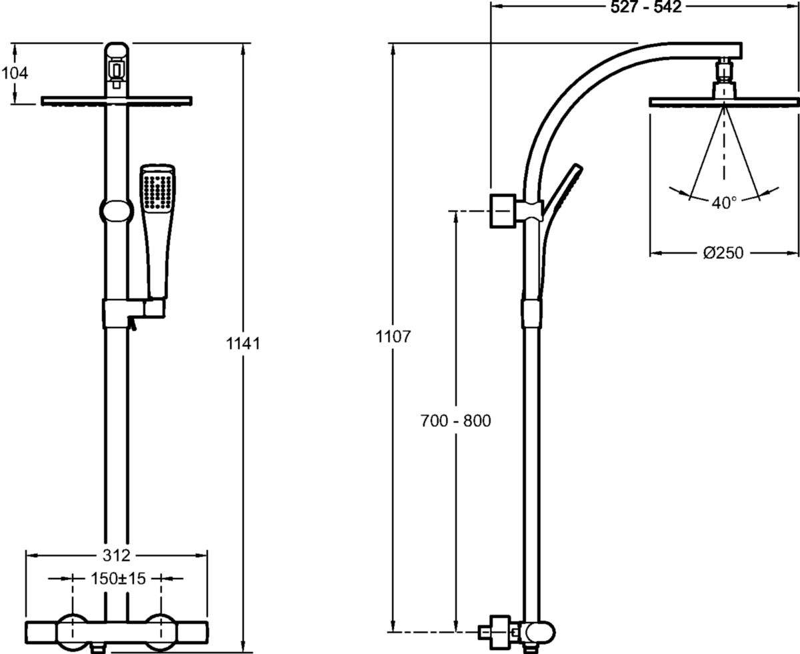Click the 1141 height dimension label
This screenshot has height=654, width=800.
(x=243, y=344)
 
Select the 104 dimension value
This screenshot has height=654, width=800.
(x=15, y=73)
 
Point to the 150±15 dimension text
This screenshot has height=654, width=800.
(x=117, y=579)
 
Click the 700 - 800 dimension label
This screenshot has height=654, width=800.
(x=455, y=421)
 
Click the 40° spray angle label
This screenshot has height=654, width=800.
(x=723, y=202)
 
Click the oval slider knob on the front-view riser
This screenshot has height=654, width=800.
(x=116, y=212)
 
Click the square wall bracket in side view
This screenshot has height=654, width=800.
(x=504, y=211)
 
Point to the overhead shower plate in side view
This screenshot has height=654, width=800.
(x=723, y=102)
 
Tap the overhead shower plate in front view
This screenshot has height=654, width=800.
(x=117, y=101)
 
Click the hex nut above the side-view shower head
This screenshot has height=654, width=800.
(x=724, y=69)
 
